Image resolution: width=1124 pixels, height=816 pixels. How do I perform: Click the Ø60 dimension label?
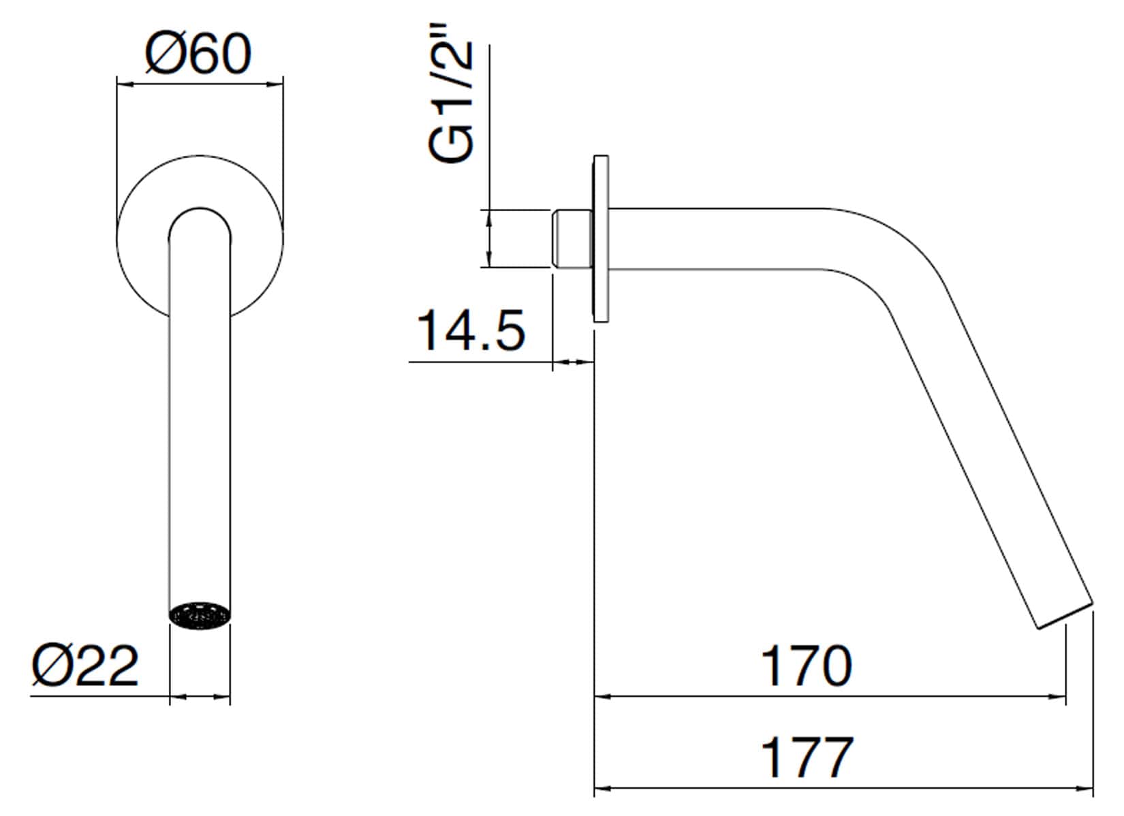click(x=199, y=54)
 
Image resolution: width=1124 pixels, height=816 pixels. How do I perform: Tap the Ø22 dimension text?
click(x=84, y=665)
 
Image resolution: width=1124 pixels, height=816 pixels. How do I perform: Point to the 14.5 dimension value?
click(x=471, y=330)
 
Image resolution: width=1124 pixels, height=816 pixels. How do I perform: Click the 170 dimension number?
click(x=807, y=665)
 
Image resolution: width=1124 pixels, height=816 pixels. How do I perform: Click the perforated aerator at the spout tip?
click(x=200, y=615)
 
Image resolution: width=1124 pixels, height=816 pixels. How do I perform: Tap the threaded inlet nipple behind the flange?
click(x=572, y=239)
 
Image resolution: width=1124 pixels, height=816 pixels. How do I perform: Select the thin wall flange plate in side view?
click(x=601, y=239)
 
